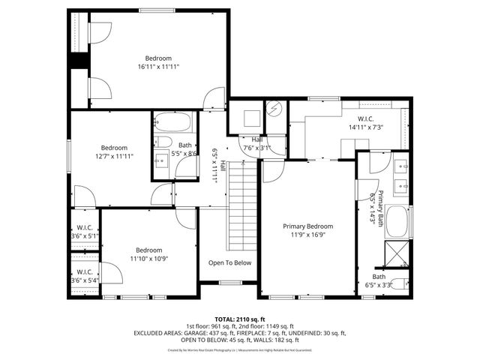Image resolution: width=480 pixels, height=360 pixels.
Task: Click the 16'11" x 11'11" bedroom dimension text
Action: point(158,67)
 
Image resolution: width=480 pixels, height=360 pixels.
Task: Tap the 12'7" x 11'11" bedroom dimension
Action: point(114,156)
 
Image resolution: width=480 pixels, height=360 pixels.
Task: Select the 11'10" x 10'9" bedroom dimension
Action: point(148,258)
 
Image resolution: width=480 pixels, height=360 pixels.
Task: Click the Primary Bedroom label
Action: point(307,226)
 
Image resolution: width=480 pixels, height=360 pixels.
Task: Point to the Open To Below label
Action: point(229,262)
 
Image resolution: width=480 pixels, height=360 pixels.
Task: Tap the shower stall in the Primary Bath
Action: point(398,252)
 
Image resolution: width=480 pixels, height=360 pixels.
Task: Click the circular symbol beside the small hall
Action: point(274,110)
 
